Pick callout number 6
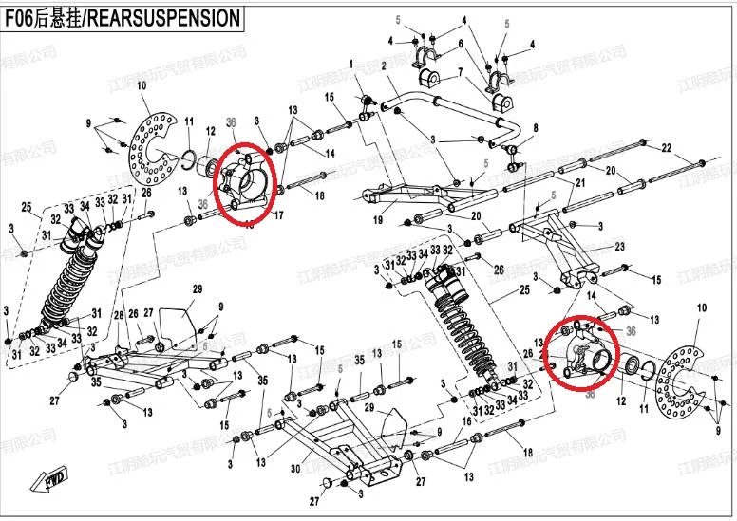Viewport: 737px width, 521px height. [461, 44]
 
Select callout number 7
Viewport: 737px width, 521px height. [459, 72]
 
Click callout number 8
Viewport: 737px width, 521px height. [535, 128]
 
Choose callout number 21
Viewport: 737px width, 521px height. [582, 182]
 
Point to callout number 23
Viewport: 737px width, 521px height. [619, 247]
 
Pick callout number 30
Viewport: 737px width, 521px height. [295, 469]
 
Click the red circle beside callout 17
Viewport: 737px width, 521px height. [244, 181]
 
